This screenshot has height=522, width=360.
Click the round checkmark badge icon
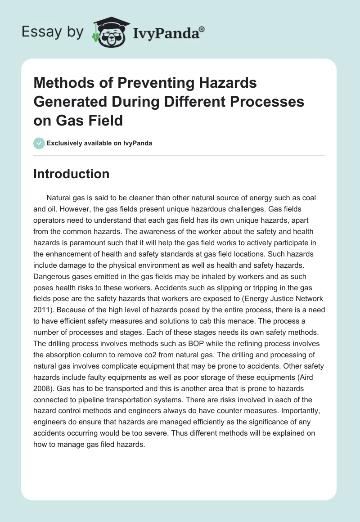click(39, 143)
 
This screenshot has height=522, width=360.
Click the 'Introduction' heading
click(71, 174)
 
